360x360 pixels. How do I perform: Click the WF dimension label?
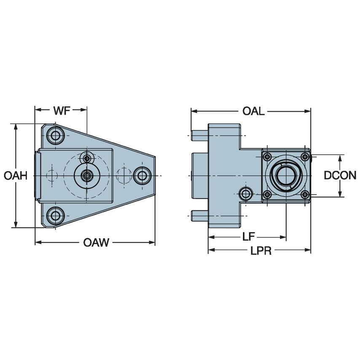pyautogui.click(x=62, y=111)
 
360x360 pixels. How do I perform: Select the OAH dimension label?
pyautogui.click(x=16, y=176)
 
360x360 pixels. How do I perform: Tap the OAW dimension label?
pyautogui.click(x=96, y=242)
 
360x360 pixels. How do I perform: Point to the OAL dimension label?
pyautogui.click(x=253, y=111)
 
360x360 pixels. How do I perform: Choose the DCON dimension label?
pyautogui.click(x=340, y=176)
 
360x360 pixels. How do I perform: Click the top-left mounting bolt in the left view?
pyautogui.click(x=55, y=136)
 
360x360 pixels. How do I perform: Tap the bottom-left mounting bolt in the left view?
pyautogui.click(x=55, y=215)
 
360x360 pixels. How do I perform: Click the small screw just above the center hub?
pyautogui.click(x=87, y=159)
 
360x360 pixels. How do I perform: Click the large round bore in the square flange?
pyautogui.click(x=286, y=175)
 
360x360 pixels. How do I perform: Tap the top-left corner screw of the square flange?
pyautogui.click(x=267, y=157)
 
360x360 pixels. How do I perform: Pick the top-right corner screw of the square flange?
pyautogui.click(x=305, y=157)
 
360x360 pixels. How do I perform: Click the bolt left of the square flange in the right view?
pyautogui.click(x=246, y=194)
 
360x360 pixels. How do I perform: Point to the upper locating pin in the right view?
pyautogui.click(x=199, y=136)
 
